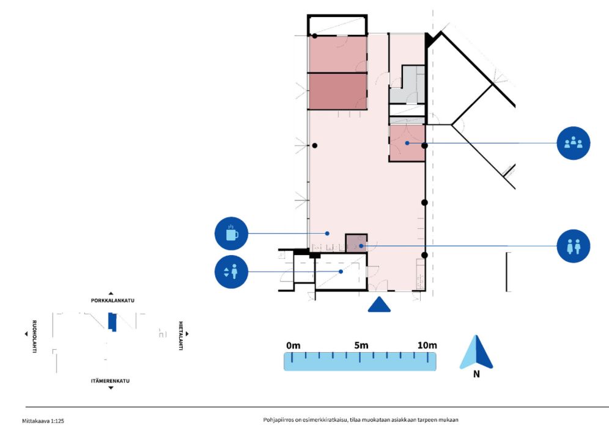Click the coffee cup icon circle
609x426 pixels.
(x=231, y=233)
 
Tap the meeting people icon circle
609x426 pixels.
(x=574, y=143)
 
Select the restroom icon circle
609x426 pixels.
(x=574, y=246)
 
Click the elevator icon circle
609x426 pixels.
(x=231, y=272)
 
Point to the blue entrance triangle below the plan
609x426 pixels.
(x=379, y=305)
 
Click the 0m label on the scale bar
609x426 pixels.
(x=293, y=345)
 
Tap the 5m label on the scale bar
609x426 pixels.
(x=361, y=345)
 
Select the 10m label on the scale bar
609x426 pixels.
(x=427, y=345)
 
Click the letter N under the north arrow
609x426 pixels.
(x=476, y=374)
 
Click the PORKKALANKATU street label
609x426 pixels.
(x=113, y=300)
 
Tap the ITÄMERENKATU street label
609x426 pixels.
(x=110, y=381)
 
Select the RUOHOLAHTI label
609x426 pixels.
(x=34, y=336)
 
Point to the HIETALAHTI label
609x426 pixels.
(x=180, y=336)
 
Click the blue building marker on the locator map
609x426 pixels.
(x=113, y=322)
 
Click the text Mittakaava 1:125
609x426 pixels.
(x=43, y=421)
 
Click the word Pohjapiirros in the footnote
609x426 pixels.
(x=276, y=420)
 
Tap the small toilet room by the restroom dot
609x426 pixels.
(x=356, y=244)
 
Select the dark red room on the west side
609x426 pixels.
(x=338, y=92)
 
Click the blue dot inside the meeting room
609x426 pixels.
(x=407, y=143)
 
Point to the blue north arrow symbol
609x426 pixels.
(x=476, y=352)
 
